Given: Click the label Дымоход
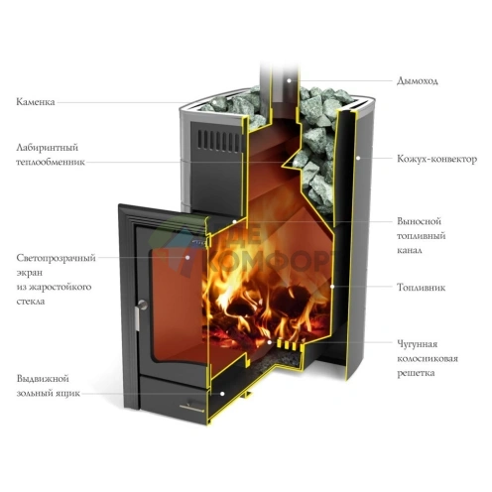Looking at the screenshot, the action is coord(418,81).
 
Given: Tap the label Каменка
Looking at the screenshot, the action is coord(36,101).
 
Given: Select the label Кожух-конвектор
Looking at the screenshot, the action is coord(436,159).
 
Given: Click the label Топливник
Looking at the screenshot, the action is coord(421,287).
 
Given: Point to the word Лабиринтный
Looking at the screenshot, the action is coord(47,148).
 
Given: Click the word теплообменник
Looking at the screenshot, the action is coord(51,162).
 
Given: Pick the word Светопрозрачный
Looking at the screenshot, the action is coord(56,258).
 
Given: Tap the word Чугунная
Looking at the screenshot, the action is coord(417,344).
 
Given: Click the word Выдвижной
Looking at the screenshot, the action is coord(43,379).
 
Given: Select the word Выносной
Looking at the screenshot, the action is coord(419,221).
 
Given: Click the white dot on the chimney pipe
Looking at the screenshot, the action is coord(289,80).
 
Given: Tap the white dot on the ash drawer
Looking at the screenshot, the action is coord(222,394).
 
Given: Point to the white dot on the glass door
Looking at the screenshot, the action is coord(187,257).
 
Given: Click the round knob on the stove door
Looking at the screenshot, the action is coord(143,305).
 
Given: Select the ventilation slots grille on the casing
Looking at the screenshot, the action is coord(218,140).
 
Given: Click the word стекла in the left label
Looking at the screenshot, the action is coord(31,302).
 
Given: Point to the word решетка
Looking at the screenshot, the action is coord(416,373).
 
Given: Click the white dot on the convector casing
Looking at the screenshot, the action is coord(358,158).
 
